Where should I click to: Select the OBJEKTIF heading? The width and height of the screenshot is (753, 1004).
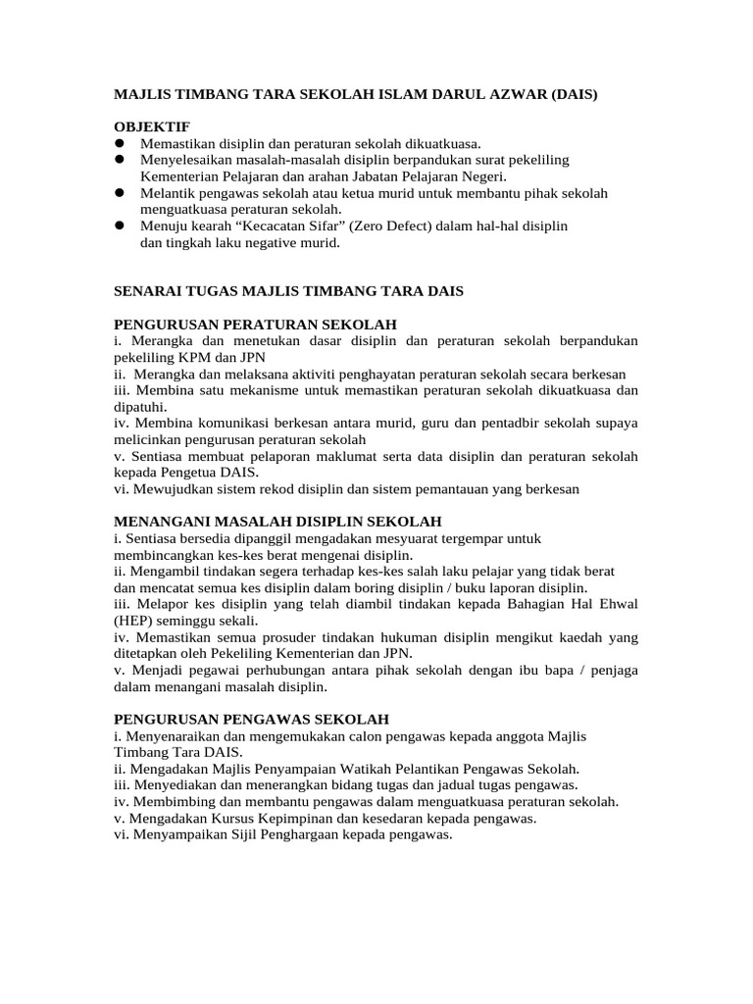click(x=152, y=126)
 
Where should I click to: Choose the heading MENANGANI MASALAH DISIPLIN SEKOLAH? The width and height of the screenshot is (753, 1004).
click(x=277, y=522)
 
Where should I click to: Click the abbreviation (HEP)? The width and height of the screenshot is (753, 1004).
click(x=136, y=621)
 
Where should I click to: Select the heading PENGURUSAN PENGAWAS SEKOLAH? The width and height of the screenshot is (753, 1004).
click(x=252, y=719)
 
